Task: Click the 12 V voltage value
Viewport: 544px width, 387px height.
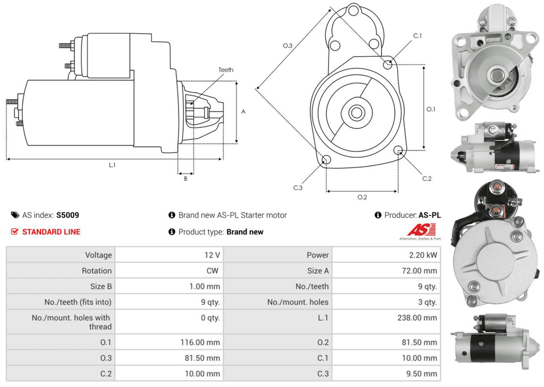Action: click(213, 255)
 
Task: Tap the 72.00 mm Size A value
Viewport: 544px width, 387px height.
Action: click(419, 271)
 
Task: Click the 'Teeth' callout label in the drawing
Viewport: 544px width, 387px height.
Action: click(226, 70)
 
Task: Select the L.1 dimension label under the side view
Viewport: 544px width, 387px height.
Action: click(113, 164)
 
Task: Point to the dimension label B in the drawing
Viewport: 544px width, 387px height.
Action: click(185, 178)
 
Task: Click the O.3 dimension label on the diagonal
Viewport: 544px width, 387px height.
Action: click(288, 46)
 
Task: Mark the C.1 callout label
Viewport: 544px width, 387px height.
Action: click(417, 35)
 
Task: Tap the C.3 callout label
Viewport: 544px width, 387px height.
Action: click(298, 188)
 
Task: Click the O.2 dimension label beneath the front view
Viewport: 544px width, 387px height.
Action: click(362, 197)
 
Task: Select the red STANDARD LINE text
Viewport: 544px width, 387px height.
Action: click(51, 232)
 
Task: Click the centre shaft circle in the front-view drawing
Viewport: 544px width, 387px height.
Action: click(356, 113)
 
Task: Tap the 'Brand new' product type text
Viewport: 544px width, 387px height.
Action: click(245, 232)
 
